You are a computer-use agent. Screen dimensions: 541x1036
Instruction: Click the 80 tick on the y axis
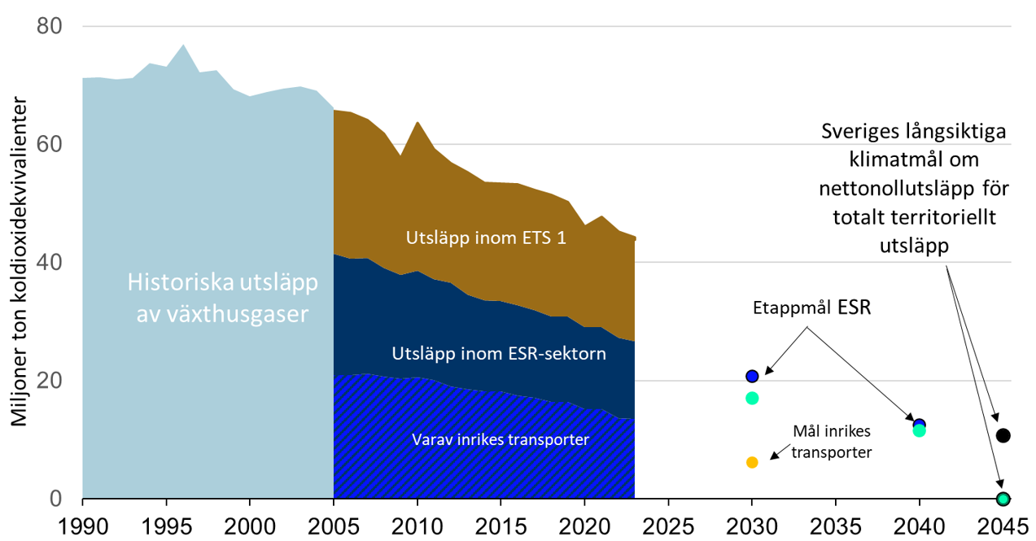(50, 26)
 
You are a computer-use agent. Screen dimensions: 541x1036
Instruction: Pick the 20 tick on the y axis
(50, 381)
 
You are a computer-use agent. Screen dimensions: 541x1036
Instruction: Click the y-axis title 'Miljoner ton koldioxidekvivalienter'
(18, 263)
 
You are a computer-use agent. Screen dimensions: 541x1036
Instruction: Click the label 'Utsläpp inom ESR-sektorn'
(499, 354)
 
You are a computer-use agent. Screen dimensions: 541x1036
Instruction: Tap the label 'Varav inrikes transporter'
(501, 440)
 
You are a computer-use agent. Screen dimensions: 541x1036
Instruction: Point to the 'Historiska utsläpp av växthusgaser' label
(221, 298)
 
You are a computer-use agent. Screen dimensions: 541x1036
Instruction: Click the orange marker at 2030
(752, 462)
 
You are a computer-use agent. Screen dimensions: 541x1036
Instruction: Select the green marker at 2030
(752, 398)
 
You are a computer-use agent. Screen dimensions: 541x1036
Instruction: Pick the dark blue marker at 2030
(752, 376)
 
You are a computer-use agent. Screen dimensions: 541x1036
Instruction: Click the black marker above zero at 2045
(1003, 435)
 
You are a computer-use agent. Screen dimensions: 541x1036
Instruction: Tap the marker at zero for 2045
(1003, 499)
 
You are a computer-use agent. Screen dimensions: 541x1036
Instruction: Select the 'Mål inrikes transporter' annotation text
(833, 442)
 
